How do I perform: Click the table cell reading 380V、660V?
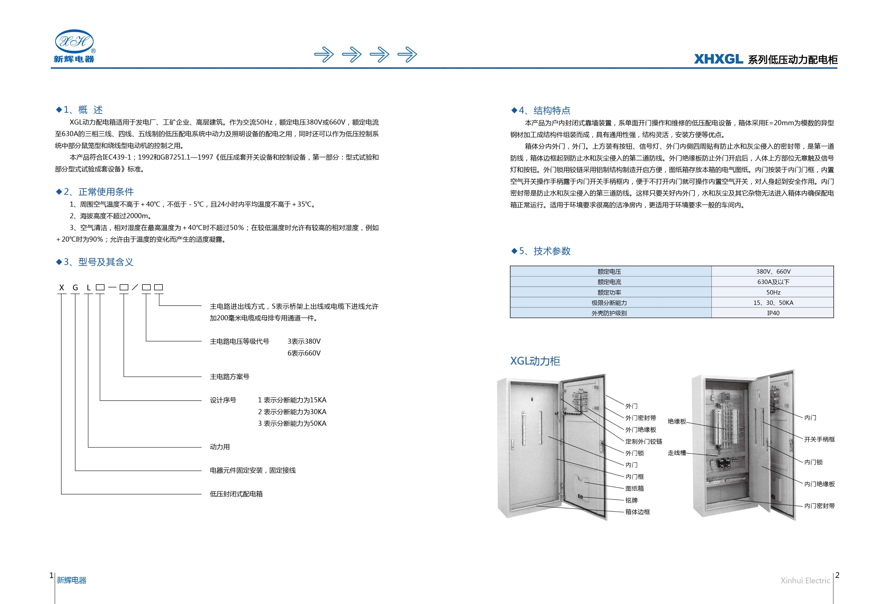point(773,271)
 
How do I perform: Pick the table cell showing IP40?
point(773,313)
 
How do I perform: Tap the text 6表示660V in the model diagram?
point(304,353)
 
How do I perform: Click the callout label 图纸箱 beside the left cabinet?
point(635,488)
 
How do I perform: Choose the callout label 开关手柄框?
point(819,439)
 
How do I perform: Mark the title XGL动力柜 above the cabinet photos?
point(535,361)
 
